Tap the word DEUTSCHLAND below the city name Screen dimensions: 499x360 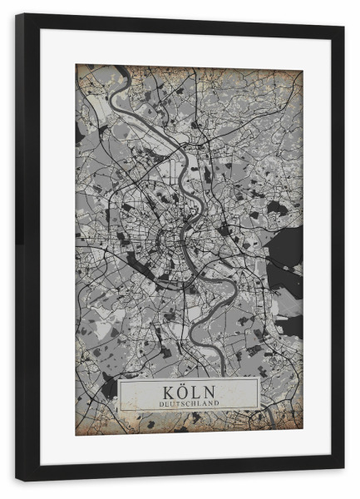pyautogui.click(x=189, y=403)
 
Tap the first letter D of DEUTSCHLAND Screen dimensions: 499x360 pyautogui.click(x=159, y=403)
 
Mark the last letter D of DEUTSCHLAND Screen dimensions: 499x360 pyautogui.click(x=218, y=403)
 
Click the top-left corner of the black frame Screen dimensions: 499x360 pyautogui.click(x=17, y=14)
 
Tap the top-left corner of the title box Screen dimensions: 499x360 pyautogui.click(x=119, y=380)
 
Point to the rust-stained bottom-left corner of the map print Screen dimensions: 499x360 pyautogui.click(x=78, y=432)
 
